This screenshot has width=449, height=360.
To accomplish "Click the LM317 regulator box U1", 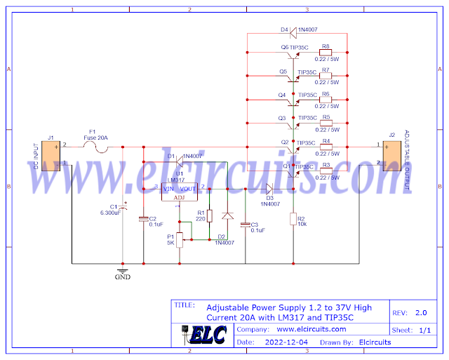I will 180,192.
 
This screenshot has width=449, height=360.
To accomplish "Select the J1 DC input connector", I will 51,156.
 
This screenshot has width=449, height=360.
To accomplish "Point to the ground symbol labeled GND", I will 123,270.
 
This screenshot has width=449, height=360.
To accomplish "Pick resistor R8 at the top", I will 326,53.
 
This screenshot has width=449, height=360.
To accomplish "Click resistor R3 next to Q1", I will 326,171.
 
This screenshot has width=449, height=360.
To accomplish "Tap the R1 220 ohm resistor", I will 209,215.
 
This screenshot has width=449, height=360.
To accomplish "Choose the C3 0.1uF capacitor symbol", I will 245,225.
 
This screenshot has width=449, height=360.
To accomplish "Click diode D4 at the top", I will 294,30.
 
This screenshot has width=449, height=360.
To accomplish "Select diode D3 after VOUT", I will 269,188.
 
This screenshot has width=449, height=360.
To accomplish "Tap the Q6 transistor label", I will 284,47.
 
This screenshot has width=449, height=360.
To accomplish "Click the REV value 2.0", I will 420,313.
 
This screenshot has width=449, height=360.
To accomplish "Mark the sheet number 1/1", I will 424,329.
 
